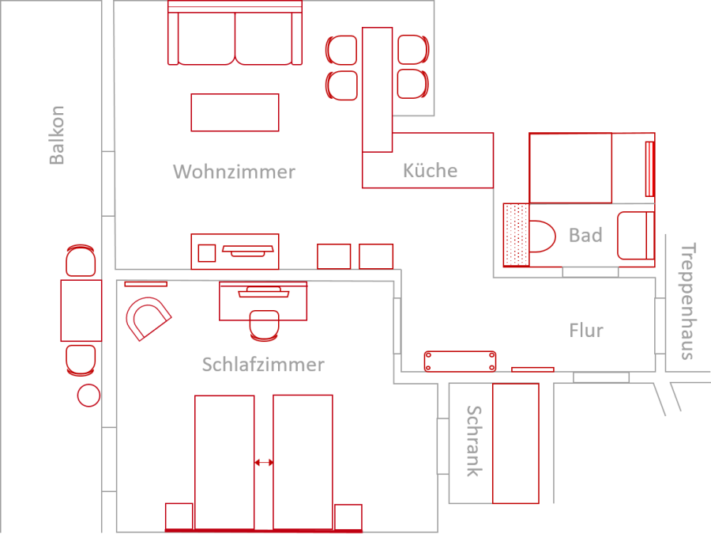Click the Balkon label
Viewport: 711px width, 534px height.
pos(57,134)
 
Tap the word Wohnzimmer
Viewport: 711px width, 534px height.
pos(234,172)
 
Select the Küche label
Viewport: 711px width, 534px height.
pos(430,170)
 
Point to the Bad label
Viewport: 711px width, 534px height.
pos(585,235)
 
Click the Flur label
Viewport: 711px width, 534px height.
pos(586,331)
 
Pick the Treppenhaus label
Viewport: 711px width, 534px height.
pos(687,302)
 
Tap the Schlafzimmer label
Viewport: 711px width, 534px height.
pos(263,365)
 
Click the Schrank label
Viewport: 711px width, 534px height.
pos(474,441)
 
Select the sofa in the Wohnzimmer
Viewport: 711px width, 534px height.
pos(235,32)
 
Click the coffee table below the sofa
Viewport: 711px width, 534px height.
pos(235,112)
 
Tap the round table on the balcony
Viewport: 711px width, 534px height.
pos(88,395)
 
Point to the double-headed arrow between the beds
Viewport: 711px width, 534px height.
pos(264,463)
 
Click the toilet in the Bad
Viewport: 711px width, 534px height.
pos(542,236)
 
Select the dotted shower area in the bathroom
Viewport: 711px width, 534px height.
pos(516,234)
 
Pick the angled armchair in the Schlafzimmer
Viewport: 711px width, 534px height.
pos(149,319)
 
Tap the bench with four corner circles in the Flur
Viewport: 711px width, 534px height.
pos(460,362)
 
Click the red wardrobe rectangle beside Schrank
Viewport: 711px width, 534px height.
pos(516,444)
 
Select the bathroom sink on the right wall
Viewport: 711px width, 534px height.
pos(636,236)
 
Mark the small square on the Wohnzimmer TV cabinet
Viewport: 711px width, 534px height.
pos(207,253)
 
